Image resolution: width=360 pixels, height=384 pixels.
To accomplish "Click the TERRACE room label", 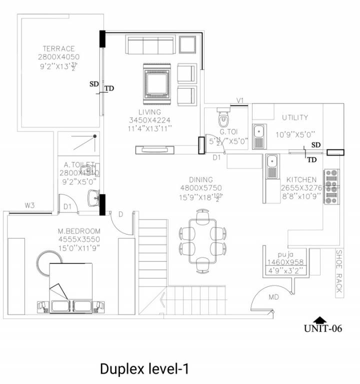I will (58, 49).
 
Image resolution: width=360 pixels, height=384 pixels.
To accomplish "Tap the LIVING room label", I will (150, 112).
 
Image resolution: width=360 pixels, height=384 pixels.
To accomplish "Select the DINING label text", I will (200, 180).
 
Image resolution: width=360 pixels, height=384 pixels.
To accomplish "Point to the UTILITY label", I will (295, 118).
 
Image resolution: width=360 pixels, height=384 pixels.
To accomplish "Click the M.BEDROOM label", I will (79, 231).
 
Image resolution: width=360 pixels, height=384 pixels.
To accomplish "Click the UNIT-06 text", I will (323, 328).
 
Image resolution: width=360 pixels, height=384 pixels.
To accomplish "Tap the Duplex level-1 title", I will (144, 369).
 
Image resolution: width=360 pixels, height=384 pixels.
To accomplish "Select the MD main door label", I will (273, 297).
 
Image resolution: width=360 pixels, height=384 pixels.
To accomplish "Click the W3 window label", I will (29, 205).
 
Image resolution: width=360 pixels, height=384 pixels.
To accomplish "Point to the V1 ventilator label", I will (240, 100).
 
